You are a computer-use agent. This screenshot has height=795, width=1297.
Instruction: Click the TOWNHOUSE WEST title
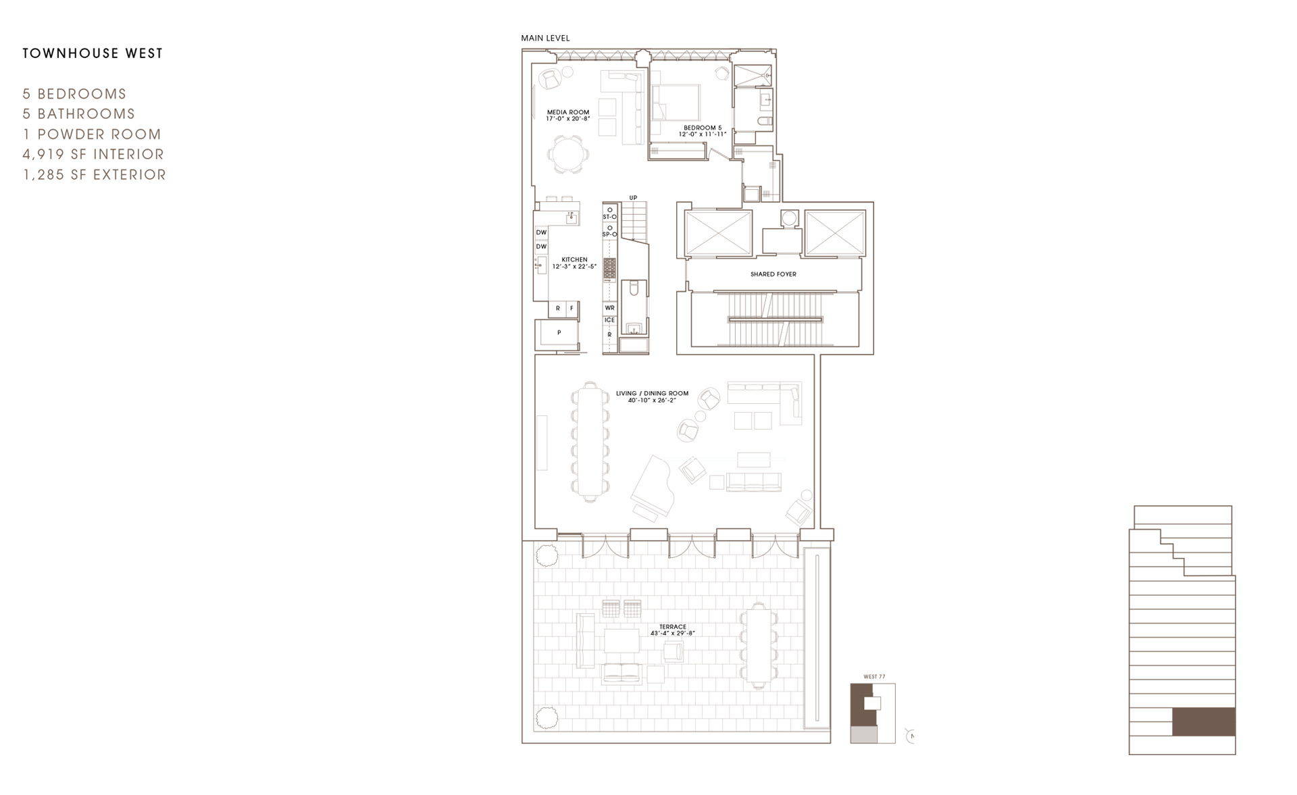(93, 53)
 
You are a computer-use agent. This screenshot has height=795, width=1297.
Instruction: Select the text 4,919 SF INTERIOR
(93, 154)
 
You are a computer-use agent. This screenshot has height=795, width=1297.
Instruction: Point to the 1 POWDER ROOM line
(92, 134)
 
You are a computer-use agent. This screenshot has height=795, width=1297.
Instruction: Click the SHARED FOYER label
(773, 274)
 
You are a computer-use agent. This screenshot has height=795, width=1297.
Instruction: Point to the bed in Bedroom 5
(676, 103)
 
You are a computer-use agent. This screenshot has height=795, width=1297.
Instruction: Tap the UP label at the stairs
(633, 198)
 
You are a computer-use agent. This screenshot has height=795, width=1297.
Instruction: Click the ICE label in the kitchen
(609, 320)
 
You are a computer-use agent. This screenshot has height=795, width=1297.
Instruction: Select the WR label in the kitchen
(609, 308)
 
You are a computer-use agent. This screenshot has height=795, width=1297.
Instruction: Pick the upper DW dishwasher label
(541, 232)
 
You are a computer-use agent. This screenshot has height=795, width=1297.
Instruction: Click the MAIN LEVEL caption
(545, 39)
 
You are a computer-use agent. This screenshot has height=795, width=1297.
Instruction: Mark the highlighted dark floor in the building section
(1203, 721)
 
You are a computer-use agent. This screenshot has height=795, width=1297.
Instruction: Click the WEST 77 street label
(874, 677)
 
